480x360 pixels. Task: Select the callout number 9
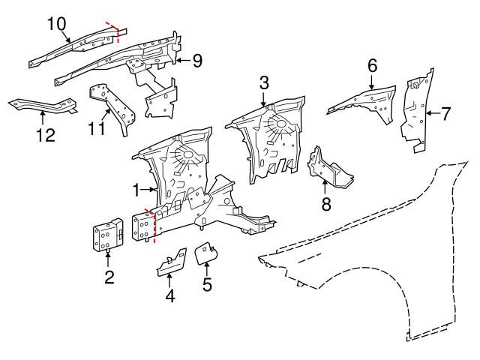click(197, 61)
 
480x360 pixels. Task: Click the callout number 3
click(264, 81)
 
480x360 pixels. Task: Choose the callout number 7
click(445, 114)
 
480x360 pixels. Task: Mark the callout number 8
click(325, 205)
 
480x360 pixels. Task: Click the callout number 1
click(136, 187)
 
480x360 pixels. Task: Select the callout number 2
click(109, 278)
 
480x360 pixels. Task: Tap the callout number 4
click(170, 295)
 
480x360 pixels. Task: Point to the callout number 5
click(207, 285)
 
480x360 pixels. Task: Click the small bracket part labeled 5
click(205, 253)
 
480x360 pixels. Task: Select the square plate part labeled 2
click(107, 235)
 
